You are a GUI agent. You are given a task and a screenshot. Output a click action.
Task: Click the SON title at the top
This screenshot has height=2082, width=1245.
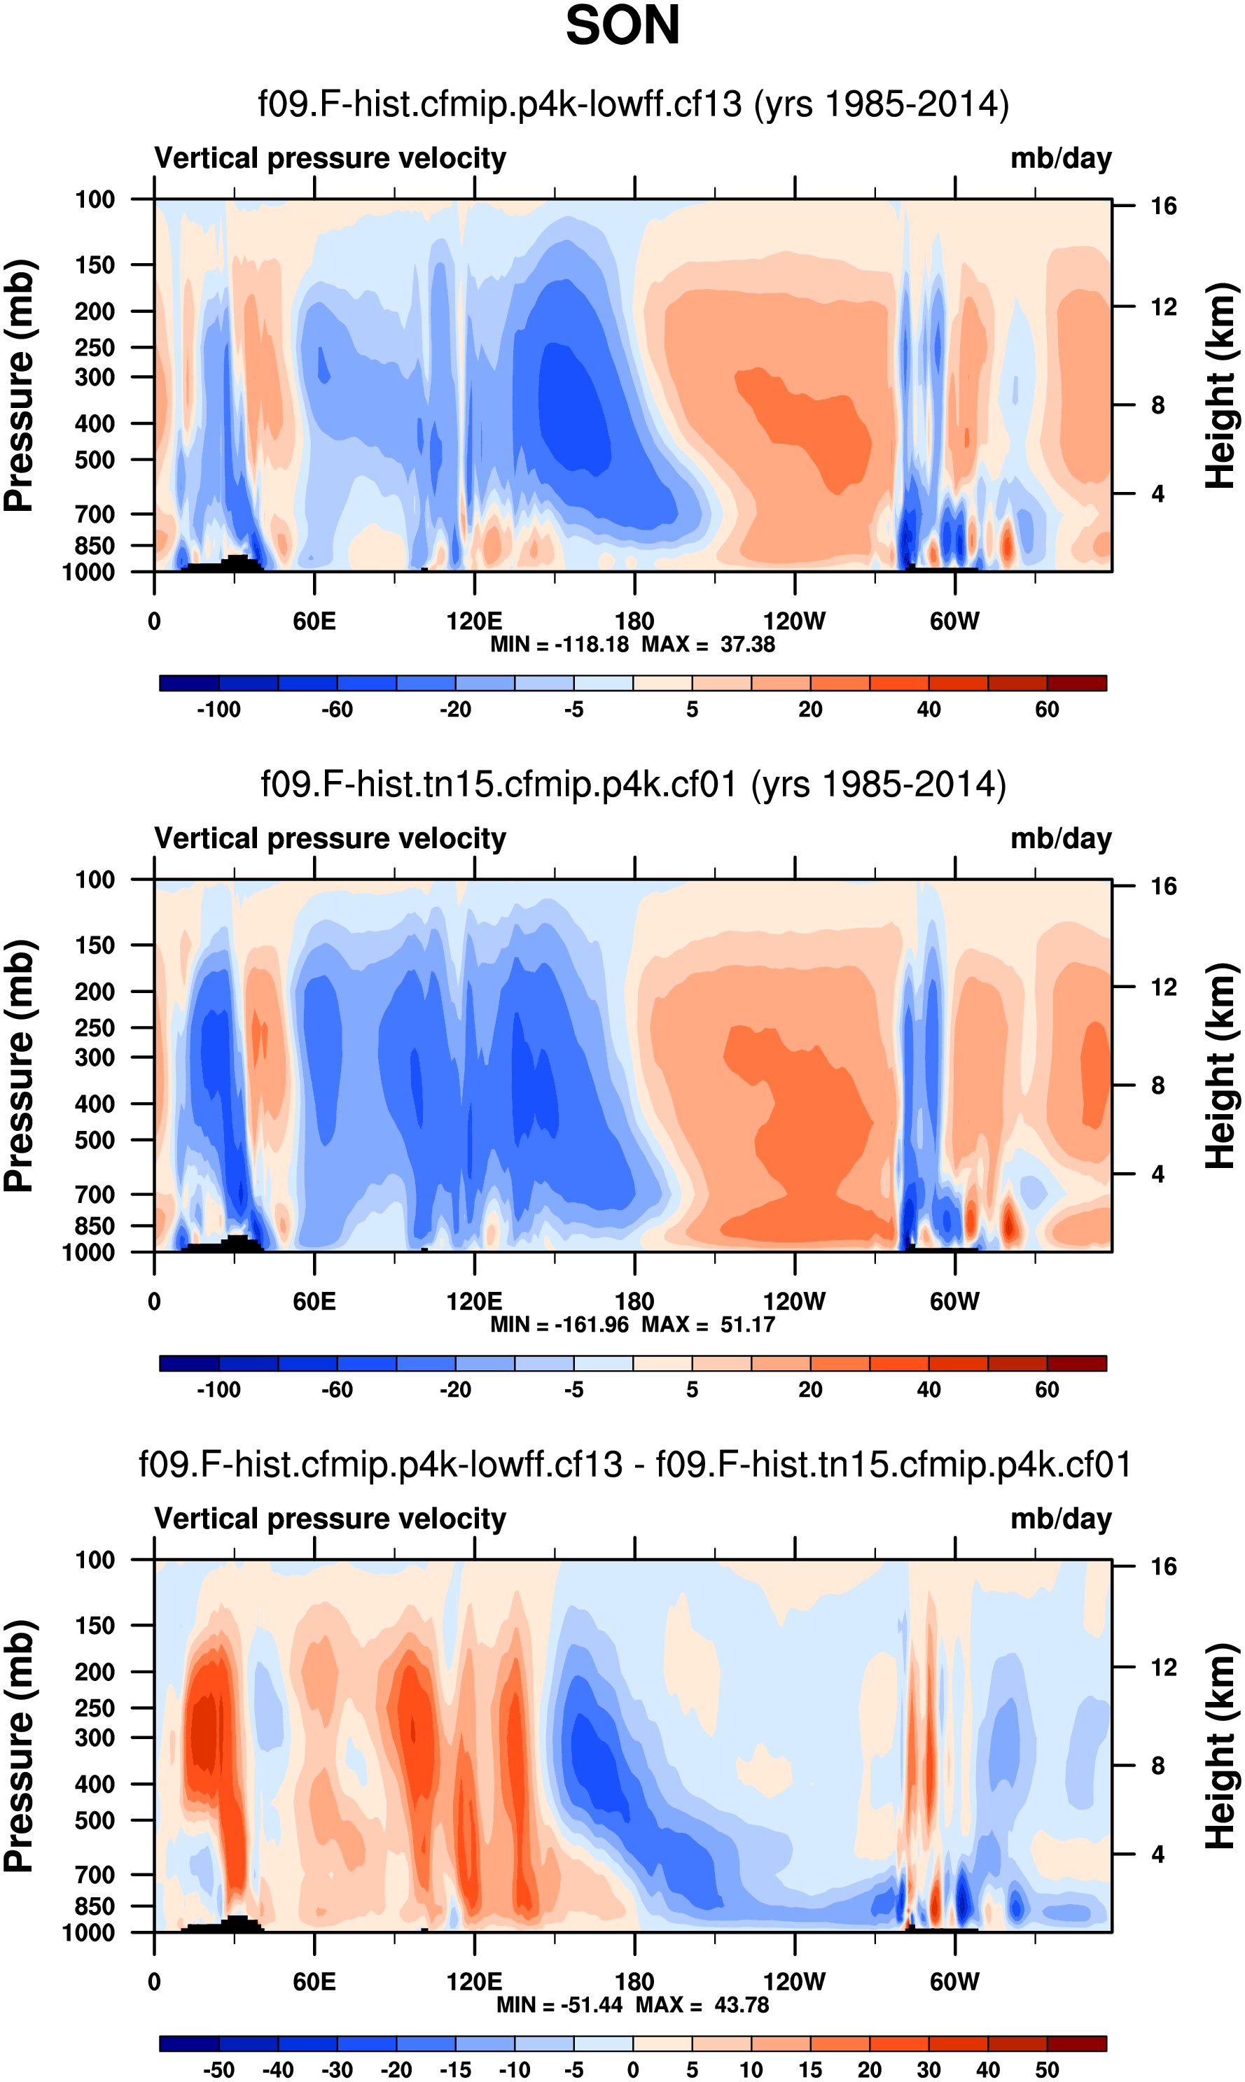tap(622, 25)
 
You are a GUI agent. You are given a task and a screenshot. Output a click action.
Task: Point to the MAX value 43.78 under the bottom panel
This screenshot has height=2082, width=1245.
tap(742, 2005)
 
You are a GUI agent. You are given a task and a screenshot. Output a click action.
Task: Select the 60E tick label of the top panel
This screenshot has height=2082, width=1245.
tap(314, 621)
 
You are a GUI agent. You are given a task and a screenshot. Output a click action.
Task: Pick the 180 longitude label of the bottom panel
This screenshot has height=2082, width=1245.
tap(634, 1981)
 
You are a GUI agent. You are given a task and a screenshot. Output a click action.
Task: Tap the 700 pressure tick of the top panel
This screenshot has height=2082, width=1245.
tap(95, 514)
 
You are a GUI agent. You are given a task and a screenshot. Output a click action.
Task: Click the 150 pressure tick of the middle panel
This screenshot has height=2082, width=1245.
tap(95, 945)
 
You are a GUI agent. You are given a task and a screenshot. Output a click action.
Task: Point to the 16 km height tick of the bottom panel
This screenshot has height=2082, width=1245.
tap(1163, 1566)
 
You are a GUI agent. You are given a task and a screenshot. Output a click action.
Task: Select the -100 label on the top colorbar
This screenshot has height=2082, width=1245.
tap(218, 710)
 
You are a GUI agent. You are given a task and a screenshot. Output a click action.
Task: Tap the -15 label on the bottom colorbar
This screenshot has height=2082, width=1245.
tap(456, 2069)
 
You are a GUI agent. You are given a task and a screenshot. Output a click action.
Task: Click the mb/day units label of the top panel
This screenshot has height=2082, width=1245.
tap(1060, 158)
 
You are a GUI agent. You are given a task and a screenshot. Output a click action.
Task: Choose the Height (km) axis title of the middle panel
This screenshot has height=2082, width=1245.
tap(1221, 1066)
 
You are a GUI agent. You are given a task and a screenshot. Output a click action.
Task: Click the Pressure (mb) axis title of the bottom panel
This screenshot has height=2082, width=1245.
tap(18, 1746)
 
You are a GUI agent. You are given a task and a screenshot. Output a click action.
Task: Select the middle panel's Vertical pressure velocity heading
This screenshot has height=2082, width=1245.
tap(330, 838)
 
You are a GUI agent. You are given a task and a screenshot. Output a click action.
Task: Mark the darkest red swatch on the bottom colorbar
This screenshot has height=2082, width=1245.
tap(1076, 2044)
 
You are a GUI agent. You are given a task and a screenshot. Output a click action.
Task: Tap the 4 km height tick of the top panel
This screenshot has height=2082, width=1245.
tap(1157, 494)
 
